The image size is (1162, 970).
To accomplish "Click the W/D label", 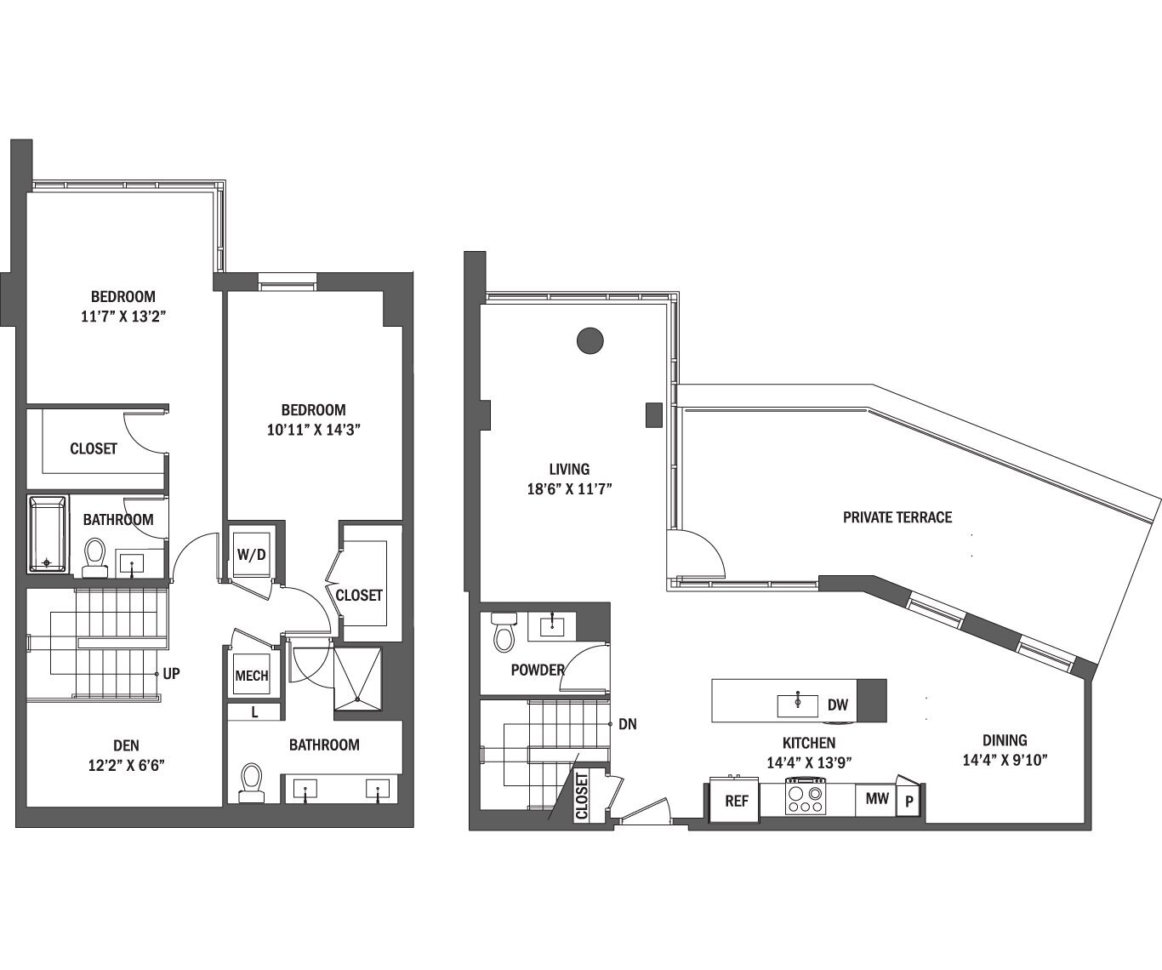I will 251,555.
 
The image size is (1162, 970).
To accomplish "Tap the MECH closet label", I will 251,676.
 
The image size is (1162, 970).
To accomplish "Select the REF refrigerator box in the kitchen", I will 736,801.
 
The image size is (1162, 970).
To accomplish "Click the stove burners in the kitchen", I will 805,798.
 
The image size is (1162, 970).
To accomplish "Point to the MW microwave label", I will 877,798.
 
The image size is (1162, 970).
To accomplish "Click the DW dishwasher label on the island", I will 837,705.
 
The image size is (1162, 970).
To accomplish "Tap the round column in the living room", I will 590,341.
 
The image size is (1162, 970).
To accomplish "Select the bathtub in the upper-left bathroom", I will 47,534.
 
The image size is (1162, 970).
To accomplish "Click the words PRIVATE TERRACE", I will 897,517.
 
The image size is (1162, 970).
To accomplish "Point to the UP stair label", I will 171,674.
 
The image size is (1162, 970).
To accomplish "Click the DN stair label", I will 628,725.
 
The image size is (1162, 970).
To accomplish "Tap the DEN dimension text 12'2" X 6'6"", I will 126,765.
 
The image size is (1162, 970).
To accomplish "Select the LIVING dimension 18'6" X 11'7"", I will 569,488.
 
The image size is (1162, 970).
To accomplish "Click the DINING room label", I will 1004,740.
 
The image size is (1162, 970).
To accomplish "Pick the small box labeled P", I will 909,802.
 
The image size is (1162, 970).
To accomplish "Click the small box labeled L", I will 254,713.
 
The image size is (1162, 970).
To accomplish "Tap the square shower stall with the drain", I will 357,677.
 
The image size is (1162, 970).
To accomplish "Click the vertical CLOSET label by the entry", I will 582,796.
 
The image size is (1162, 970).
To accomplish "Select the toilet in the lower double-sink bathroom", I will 251,783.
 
